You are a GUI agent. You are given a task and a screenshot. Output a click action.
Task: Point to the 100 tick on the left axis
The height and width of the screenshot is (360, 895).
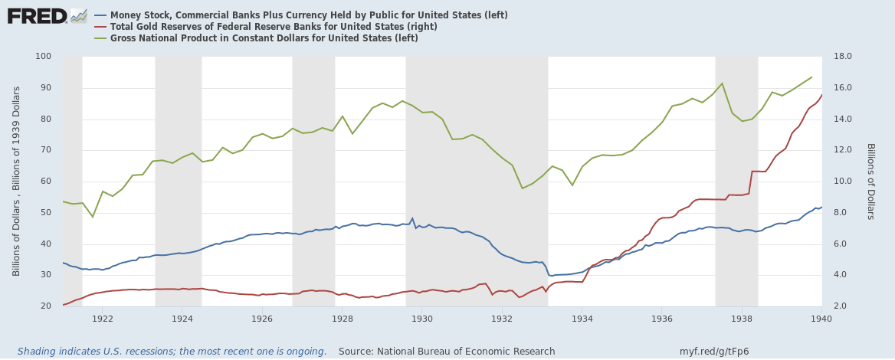click(43, 57)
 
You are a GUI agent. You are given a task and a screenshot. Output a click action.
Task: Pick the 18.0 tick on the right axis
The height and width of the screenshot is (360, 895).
click(843, 57)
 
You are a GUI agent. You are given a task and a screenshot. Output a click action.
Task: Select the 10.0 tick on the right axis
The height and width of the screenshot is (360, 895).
click(843, 182)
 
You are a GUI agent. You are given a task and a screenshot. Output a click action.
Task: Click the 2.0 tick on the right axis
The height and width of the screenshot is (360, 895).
click(841, 306)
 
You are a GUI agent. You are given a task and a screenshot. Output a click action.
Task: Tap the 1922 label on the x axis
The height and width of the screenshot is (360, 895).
click(103, 318)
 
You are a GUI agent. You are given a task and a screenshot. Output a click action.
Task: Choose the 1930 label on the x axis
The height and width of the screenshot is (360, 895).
click(422, 318)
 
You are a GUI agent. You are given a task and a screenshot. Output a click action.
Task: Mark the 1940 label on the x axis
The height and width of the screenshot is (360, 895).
click(821, 318)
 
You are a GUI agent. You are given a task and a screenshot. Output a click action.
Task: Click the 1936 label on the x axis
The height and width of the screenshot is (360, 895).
click(662, 318)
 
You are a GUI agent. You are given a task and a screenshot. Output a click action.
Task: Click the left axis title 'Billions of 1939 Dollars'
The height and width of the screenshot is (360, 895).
click(16, 181)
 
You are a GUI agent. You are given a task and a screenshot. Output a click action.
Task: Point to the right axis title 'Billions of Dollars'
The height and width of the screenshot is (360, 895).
click(870, 182)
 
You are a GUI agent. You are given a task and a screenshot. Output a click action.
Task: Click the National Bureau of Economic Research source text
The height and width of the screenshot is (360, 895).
click(447, 352)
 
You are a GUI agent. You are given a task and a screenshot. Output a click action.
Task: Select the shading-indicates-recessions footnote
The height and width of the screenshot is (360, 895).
click(172, 352)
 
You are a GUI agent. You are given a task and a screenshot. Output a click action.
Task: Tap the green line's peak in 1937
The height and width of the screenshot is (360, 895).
click(722, 83)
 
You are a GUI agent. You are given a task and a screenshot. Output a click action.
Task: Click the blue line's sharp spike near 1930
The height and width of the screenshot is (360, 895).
click(412, 218)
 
